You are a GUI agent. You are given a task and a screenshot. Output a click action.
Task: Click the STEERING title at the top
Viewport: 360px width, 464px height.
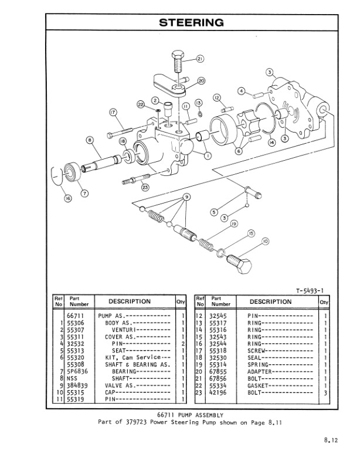tap(191, 23)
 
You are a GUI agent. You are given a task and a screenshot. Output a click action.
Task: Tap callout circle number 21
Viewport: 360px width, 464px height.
tap(200, 59)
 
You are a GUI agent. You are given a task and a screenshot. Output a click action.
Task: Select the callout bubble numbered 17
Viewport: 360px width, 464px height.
tap(113, 112)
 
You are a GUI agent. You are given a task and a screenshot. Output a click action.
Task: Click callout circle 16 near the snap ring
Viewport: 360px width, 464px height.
tap(68, 198)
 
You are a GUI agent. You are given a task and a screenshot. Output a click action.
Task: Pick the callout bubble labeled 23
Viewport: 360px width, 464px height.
tap(145, 187)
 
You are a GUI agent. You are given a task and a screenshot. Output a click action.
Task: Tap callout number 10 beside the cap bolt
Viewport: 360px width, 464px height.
tap(265, 242)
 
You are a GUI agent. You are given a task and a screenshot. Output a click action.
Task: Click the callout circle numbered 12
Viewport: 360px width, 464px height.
tap(216, 97)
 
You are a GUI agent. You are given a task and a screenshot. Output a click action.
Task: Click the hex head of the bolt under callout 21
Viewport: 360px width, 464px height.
tap(178, 59)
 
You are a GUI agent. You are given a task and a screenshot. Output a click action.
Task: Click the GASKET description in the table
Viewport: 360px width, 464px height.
tap(259, 385)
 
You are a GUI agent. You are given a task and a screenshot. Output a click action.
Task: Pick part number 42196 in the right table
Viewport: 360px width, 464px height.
tap(221, 392)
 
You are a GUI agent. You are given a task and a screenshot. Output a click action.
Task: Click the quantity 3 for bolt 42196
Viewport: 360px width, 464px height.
tap(325, 392)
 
